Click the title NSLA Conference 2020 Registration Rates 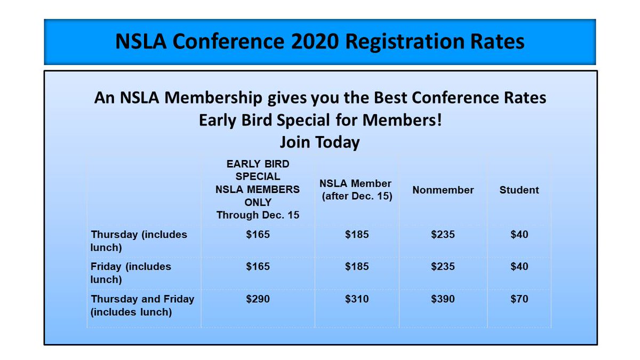point(320,42)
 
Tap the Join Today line point(319,142)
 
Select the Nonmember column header point(443,190)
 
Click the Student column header point(519,190)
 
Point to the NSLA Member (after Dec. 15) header point(356,190)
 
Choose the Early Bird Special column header point(258,190)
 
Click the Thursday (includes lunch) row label point(139,241)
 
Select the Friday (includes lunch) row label point(131,273)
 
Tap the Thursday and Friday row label point(142,306)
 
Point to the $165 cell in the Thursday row point(258,235)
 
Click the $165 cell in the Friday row point(258,267)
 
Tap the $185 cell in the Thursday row point(357,235)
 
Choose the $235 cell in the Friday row point(443,267)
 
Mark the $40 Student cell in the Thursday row point(519,235)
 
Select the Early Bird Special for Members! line point(320,120)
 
